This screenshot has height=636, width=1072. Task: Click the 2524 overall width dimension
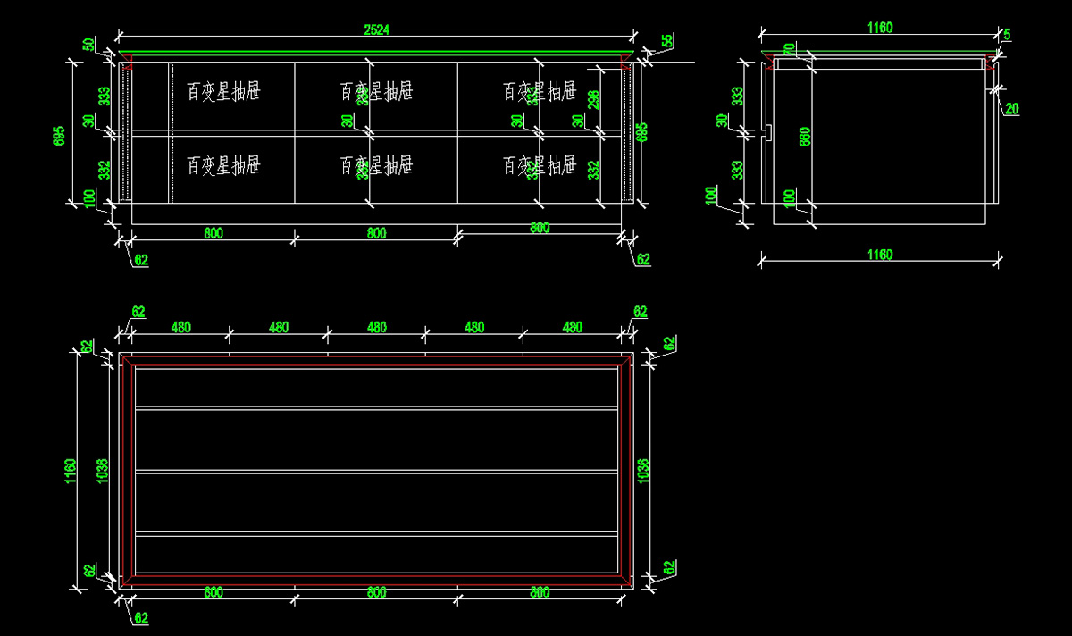376,29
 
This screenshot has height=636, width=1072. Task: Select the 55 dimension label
667,41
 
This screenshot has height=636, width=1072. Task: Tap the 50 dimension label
88,44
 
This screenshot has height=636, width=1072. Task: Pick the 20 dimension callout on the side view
1011,109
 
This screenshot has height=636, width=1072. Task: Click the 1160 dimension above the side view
879,28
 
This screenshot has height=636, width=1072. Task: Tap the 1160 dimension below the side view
879,255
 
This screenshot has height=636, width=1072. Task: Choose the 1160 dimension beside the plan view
71,470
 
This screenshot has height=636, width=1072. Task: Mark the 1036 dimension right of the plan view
643,470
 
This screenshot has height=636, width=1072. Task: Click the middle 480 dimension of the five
376,328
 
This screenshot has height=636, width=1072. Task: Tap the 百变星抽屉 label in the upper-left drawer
223,91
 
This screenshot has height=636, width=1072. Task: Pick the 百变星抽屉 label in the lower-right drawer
540,165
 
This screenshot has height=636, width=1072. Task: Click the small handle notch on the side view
767,133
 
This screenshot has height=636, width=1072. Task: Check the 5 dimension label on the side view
1007,35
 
